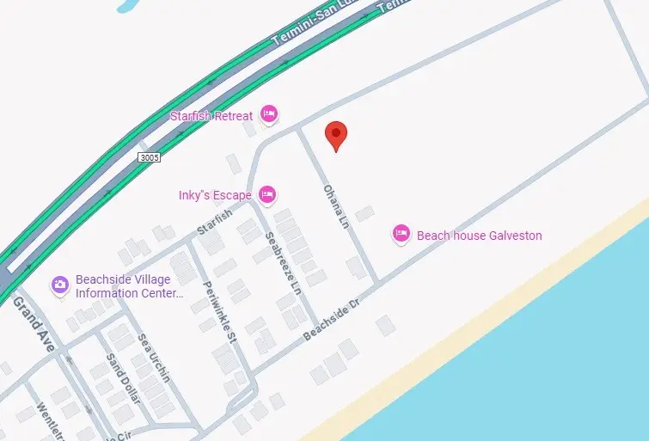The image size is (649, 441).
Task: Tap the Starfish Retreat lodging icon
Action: [x=268, y=114]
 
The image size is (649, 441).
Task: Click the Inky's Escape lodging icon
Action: [x=267, y=195]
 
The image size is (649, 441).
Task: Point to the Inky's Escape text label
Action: [x=215, y=195]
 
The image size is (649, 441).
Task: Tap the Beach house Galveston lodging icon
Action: [x=401, y=234]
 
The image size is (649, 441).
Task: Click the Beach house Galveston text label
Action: [x=480, y=235]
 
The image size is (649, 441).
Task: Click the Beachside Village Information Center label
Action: [x=129, y=286]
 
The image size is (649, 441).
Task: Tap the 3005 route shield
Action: [x=149, y=158]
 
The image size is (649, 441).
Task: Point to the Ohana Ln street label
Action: [x=335, y=205]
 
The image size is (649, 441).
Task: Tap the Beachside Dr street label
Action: [x=332, y=320]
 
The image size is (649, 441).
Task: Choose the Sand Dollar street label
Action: [x=122, y=378]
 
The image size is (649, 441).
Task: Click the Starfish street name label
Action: [x=214, y=221]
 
